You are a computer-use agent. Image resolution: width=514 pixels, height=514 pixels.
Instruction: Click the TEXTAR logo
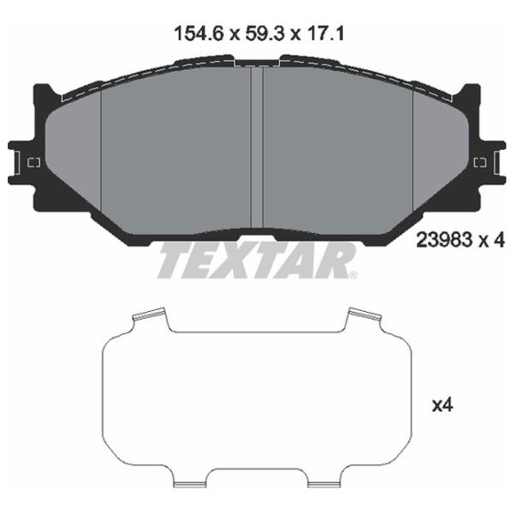pos(256,260)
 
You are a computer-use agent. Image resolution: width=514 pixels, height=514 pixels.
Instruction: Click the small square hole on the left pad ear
pos(35,163)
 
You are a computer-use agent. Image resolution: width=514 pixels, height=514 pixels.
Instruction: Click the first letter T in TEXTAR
pos(176,260)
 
